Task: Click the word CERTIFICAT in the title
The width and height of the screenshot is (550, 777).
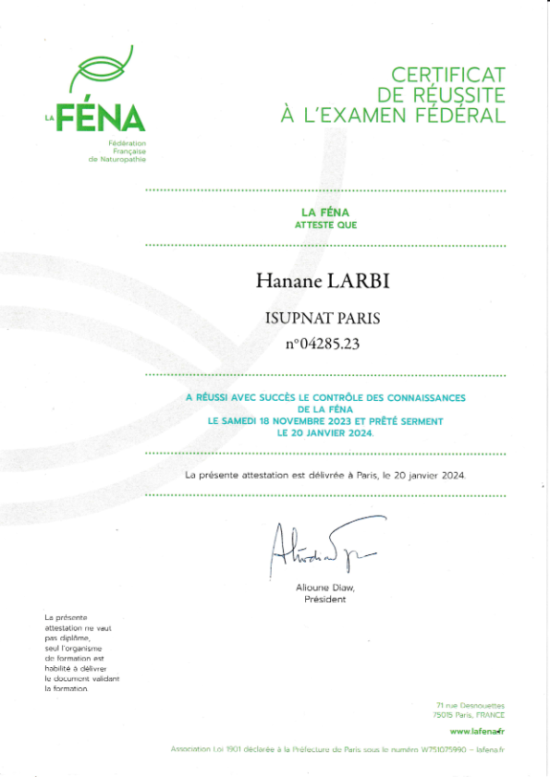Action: point(448,75)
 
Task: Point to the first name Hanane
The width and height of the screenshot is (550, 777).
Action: point(282,280)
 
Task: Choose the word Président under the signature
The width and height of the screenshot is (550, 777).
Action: point(324,600)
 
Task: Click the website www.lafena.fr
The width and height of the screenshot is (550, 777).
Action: point(477,731)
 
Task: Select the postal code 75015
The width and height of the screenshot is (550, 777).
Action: point(443,715)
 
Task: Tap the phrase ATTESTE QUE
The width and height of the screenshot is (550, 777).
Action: point(324,225)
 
